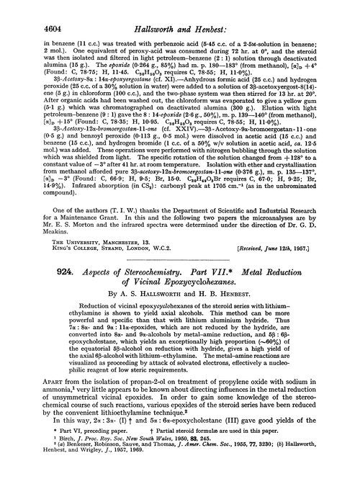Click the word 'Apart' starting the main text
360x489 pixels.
click(x=36, y=408)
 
